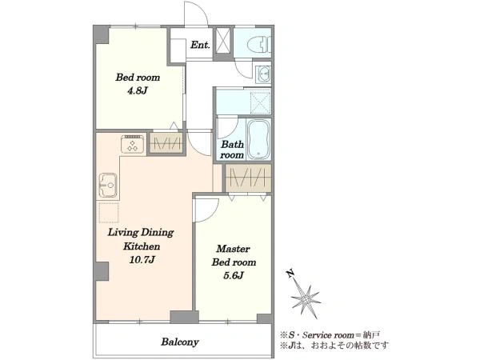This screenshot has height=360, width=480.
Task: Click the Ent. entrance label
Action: (200, 45)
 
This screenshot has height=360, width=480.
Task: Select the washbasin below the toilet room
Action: (264, 74)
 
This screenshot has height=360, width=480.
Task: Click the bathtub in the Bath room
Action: (258, 139)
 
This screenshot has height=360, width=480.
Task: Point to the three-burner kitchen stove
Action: (132, 144)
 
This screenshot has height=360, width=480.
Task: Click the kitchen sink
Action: (107, 185)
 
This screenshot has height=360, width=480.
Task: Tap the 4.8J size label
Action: (138, 90)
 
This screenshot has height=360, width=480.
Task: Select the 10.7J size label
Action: (142, 260)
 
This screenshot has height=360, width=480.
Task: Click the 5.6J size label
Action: (234, 275)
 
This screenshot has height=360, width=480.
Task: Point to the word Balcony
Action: (180, 342)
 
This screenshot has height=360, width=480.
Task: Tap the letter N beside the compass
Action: (290, 273)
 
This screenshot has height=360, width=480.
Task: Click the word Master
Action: (233, 249)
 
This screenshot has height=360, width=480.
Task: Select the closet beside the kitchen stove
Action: (166, 142)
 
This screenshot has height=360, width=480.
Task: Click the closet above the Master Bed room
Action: (248, 178)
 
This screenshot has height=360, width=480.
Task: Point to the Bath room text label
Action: (232, 150)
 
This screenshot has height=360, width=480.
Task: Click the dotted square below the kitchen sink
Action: (108, 212)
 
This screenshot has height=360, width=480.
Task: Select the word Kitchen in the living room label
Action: (142, 246)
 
